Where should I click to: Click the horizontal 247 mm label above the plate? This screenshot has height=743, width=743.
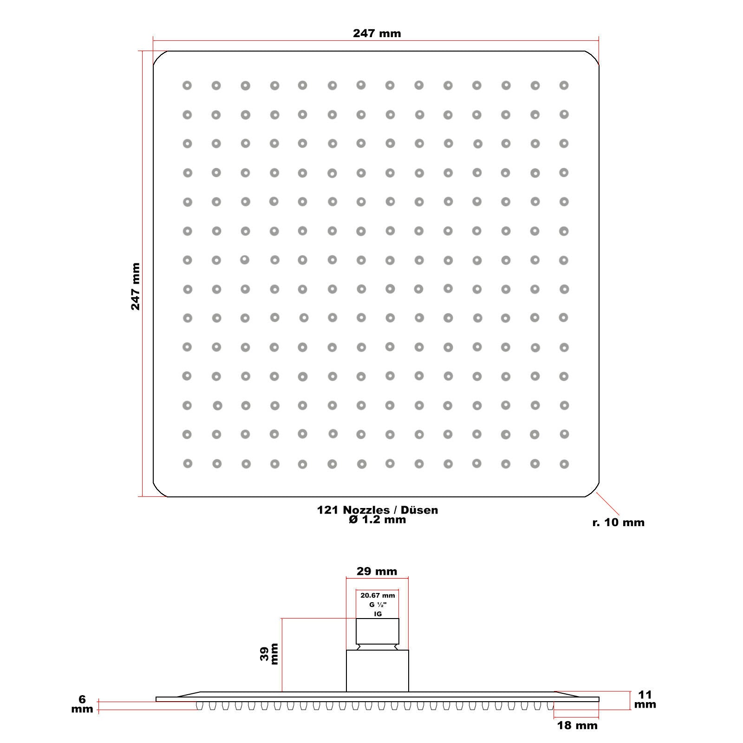[x=377, y=33]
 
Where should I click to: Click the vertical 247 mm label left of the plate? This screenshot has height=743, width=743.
[x=135, y=287]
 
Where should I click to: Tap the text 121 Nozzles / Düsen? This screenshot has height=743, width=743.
[x=378, y=510]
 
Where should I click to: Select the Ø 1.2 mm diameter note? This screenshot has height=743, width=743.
[x=378, y=520]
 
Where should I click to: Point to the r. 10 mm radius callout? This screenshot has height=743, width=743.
[x=619, y=522]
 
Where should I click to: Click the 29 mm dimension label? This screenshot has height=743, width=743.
[x=377, y=571]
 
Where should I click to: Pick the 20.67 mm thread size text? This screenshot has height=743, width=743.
[x=378, y=595]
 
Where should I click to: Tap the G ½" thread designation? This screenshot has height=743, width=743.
[x=378, y=605]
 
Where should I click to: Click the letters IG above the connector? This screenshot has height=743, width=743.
[x=378, y=614]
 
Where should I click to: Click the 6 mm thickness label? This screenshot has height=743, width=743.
[x=82, y=704]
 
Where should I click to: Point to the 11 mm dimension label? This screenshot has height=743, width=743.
[x=645, y=699]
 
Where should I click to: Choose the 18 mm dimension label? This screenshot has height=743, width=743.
[x=577, y=725]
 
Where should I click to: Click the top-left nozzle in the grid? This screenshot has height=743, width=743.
[x=187, y=85]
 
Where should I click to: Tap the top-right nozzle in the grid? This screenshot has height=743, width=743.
[x=564, y=85]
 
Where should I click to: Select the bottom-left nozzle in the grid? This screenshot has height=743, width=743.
[x=188, y=463]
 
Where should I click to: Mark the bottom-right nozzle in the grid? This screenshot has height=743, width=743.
[x=564, y=464]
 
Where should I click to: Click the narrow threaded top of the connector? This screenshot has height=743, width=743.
[x=378, y=631]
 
